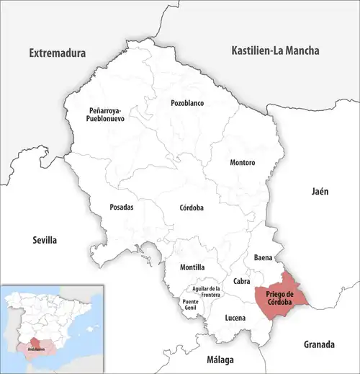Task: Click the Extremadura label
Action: (x=57, y=53)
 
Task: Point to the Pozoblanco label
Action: (x=187, y=103)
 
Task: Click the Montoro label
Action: (x=242, y=163)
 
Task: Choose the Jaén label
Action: (x=320, y=192)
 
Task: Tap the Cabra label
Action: (x=242, y=282)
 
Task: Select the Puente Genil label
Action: (x=191, y=306)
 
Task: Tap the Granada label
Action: (x=320, y=343)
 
